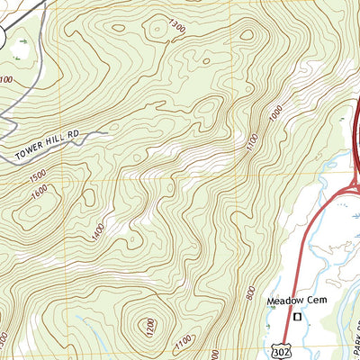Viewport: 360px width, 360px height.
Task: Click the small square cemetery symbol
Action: click(293, 316)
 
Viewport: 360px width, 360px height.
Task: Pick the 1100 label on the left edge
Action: click(6, 80)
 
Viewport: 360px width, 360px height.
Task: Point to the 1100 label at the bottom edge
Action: click(184, 342)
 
